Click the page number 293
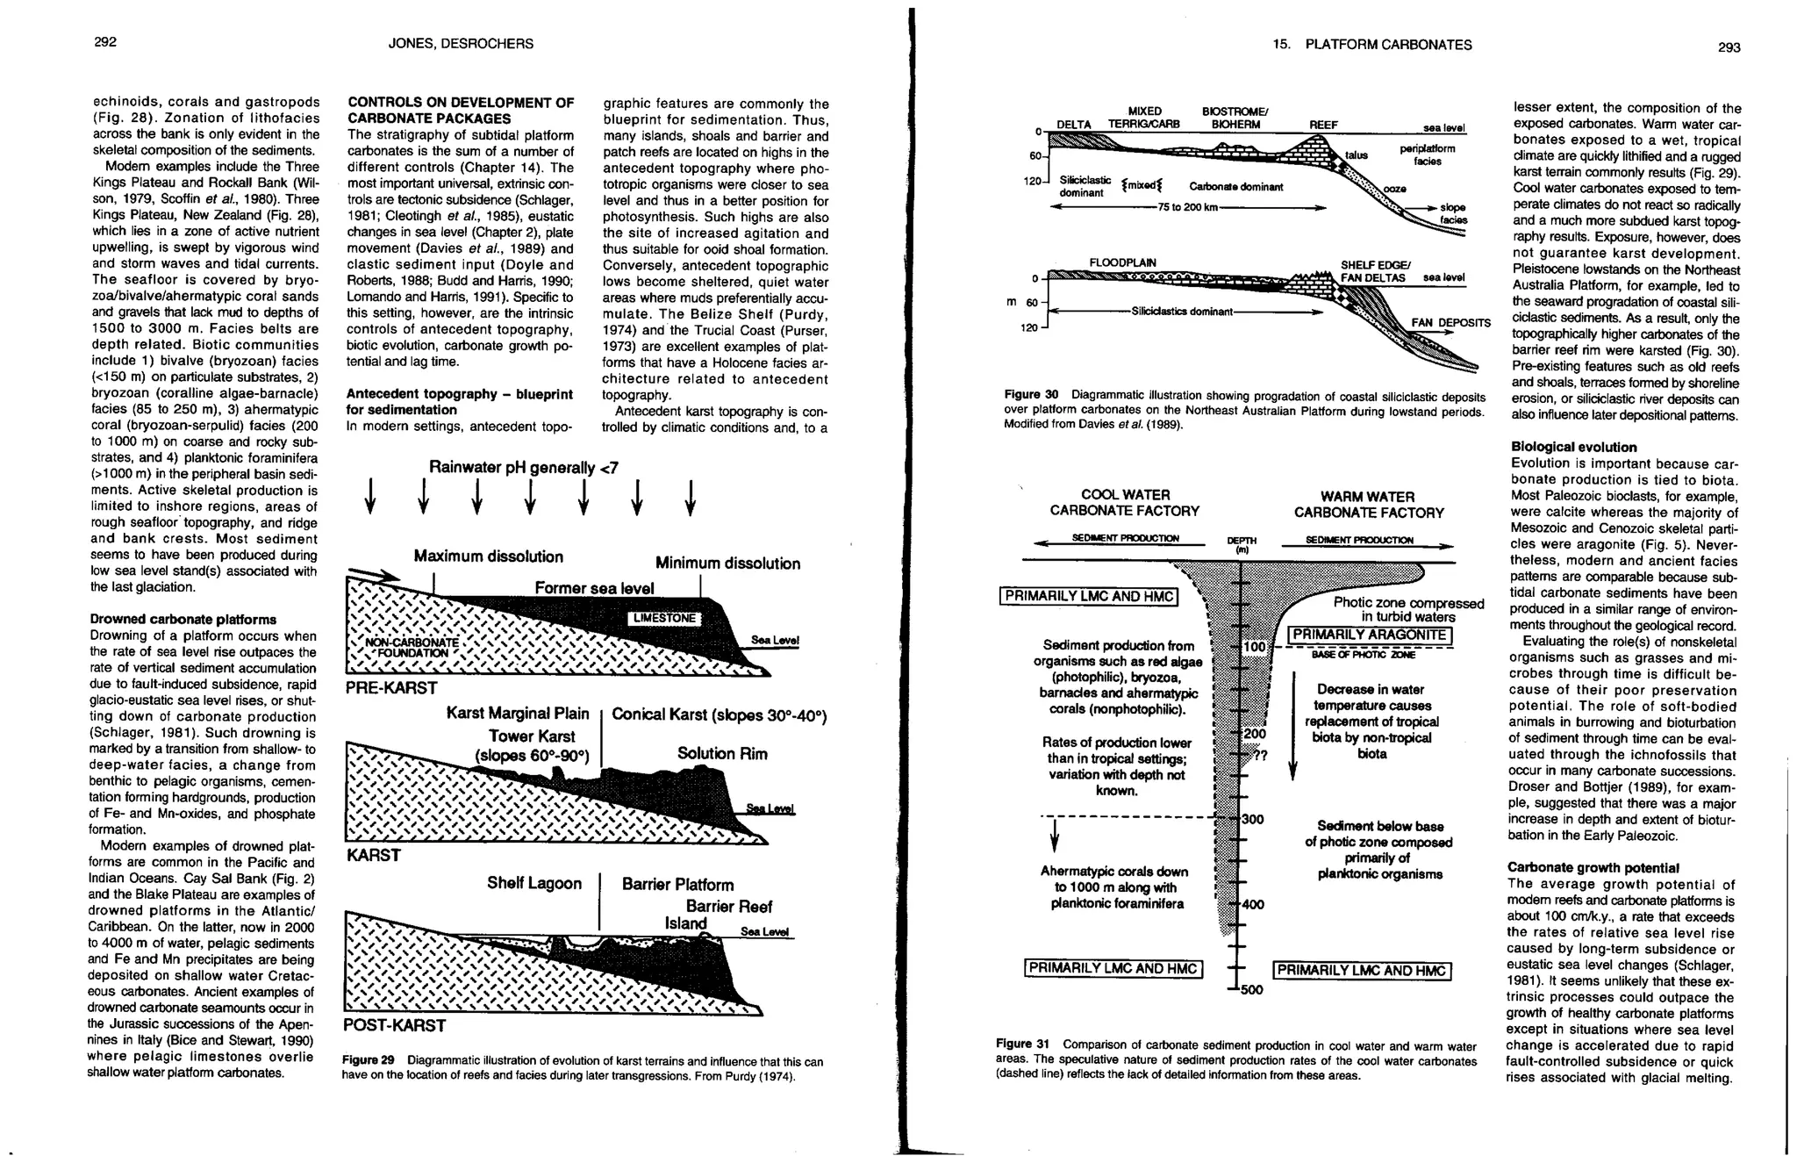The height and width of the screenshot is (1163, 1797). point(1728,47)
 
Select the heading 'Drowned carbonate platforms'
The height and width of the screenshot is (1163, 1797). point(183,620)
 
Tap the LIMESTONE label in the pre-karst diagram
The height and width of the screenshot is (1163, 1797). point(664,618)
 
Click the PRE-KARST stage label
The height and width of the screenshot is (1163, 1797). point(391,687)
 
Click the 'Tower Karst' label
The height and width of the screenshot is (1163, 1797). point(532,736)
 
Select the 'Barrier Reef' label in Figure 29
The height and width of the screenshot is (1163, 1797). point(728,907)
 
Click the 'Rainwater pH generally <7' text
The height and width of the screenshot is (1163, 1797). point(523,468)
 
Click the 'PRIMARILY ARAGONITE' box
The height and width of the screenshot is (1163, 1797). point(1369,635)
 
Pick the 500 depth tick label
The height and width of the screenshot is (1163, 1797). point(1250,991)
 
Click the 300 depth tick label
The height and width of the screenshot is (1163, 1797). point(1252,819)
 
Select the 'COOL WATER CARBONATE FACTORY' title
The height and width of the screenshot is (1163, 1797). point(1124,503)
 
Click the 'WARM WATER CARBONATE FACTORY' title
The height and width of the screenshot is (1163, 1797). point(1368,505)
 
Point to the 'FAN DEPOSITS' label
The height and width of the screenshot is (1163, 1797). point(1450,323)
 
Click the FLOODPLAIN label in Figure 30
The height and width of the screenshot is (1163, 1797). point(1122,262)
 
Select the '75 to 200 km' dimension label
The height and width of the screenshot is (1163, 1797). point(1188,207)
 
